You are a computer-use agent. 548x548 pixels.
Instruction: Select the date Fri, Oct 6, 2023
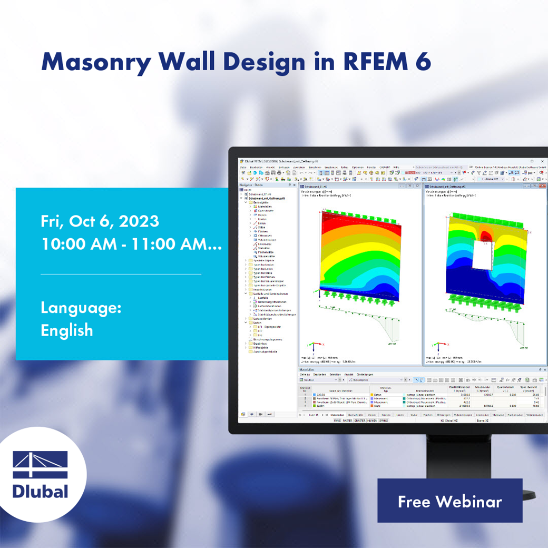(100, 221)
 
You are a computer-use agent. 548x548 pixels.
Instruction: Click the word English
(66, 330)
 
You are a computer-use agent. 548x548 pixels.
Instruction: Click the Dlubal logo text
(41, 491)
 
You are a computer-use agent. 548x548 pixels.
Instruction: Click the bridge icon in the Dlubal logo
(41, 464)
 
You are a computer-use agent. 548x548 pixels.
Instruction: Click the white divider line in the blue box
(121, 274)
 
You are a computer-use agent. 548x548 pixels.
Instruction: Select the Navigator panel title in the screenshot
(246, 185)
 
